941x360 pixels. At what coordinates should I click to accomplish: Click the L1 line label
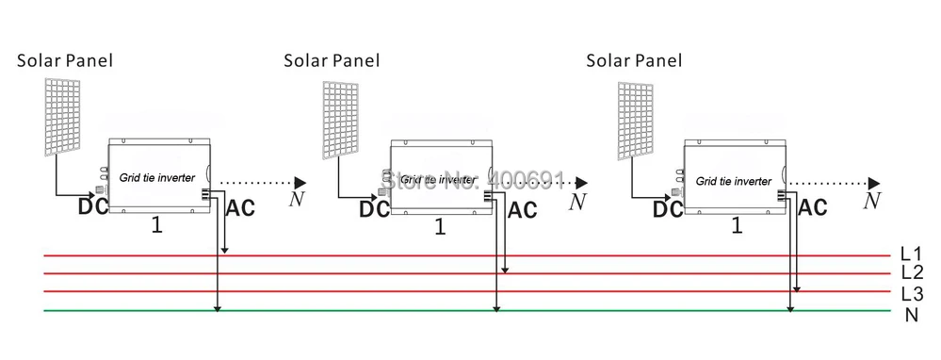point(911,254)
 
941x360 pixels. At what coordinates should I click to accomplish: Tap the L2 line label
point(912,272)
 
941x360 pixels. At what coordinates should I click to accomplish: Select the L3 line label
point(912,293)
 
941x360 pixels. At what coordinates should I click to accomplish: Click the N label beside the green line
point(912,315)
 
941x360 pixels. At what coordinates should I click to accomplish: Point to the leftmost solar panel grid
point(62,117)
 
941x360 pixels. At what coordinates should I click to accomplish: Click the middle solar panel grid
point(341,120)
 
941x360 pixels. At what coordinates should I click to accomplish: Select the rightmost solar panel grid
point(636,122)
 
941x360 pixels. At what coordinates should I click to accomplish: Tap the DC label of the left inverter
point(93,206)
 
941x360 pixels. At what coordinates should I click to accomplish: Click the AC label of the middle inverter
point(522,210)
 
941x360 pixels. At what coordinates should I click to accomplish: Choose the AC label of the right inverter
point(813,207)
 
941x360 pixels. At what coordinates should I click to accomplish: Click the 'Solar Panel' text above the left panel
point(65,60)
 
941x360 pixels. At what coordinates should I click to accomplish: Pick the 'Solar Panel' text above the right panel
point(634,60)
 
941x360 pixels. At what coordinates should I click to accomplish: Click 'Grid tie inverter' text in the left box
point(157,177)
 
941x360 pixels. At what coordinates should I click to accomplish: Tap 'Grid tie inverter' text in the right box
point(734,181)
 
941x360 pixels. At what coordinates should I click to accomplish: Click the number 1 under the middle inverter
point(441,227)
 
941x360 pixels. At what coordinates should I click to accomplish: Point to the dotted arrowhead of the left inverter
point(300,183)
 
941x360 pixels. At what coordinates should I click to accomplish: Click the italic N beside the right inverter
point(872,201)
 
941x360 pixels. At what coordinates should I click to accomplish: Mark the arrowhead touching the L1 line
point(224,250)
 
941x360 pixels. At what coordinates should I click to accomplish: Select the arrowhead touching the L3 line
point(796,288)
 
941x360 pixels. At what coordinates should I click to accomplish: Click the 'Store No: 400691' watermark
point(474,179)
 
